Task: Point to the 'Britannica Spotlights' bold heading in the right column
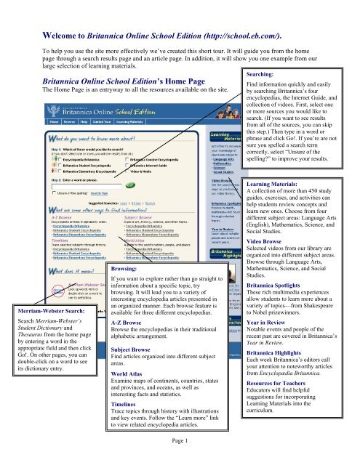(x=302, y=307)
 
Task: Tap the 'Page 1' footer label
(x=179, y=460)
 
